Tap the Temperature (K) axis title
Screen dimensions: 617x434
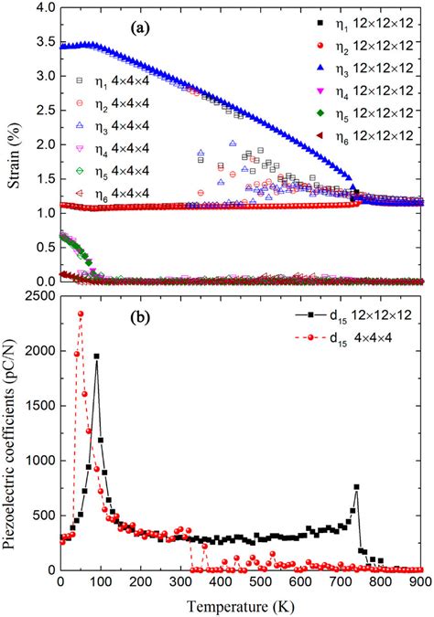coord(241,605)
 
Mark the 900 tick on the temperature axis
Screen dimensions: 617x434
coord(420,582)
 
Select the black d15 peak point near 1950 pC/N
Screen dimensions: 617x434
coord(96,356)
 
